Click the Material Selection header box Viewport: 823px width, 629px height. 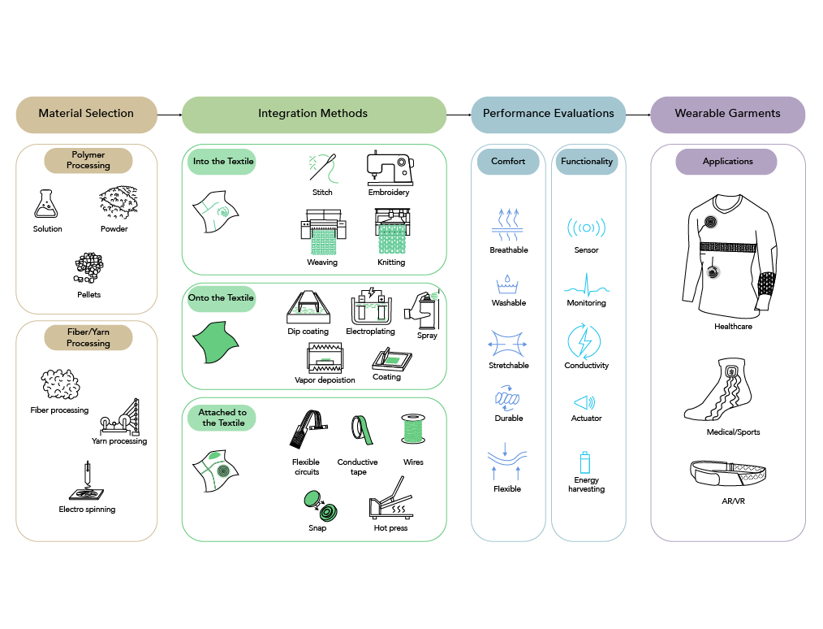86,114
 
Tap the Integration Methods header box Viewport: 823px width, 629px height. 313,114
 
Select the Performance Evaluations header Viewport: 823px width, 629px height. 548,114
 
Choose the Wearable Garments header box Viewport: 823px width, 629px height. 727,114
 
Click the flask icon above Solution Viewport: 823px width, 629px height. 47,204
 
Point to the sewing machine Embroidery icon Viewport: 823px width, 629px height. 389,167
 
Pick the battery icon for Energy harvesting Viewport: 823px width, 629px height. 585,462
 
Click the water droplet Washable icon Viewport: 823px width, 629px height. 508,284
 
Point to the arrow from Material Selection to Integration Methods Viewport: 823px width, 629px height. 169,115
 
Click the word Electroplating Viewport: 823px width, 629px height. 370,332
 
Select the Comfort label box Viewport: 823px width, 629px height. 508,162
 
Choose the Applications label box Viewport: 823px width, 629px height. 727,162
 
